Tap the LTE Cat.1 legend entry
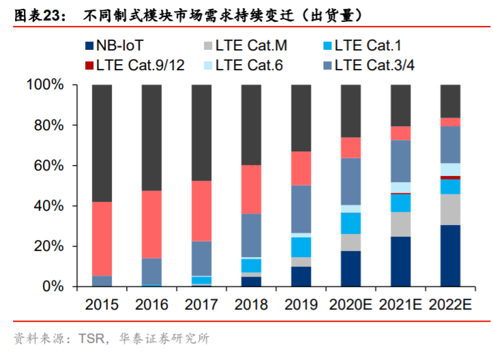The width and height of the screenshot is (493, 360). pos(365,46)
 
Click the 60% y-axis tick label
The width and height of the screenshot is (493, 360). pos(49,166)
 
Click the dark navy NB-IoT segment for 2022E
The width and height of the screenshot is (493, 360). pos(450,256)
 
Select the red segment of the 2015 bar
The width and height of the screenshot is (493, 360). pos(102,239)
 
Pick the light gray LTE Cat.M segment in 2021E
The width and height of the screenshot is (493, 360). pos(400,224)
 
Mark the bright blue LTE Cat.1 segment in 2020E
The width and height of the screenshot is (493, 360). pos(350,223)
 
